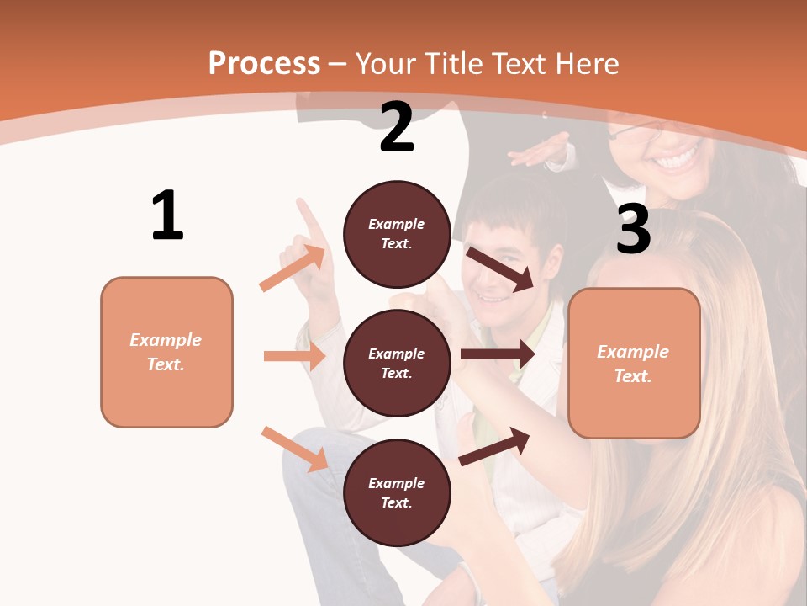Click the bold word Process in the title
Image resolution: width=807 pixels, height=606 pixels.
[264, 63]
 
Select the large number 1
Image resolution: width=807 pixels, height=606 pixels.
[167, 215]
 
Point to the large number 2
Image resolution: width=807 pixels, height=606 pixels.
[397, 127]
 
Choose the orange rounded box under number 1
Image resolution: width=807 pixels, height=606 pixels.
[166, 352]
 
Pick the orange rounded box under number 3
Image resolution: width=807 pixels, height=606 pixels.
[634, 363]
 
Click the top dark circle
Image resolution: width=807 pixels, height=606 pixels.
[397, 234]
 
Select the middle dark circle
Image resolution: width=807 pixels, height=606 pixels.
[397, 363]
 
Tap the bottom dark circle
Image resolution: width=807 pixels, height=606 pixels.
[397, 492]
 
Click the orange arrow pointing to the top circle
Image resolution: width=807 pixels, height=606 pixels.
[293, 268]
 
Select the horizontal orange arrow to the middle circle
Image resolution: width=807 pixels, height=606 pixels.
[294, 356]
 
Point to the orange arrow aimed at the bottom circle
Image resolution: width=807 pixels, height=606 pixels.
[294, 449]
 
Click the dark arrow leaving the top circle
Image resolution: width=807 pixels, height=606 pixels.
[500, 268]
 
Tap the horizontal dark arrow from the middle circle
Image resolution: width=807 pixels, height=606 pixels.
[497, 354]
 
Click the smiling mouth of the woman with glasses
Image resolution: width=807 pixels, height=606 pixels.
[678, 158]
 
